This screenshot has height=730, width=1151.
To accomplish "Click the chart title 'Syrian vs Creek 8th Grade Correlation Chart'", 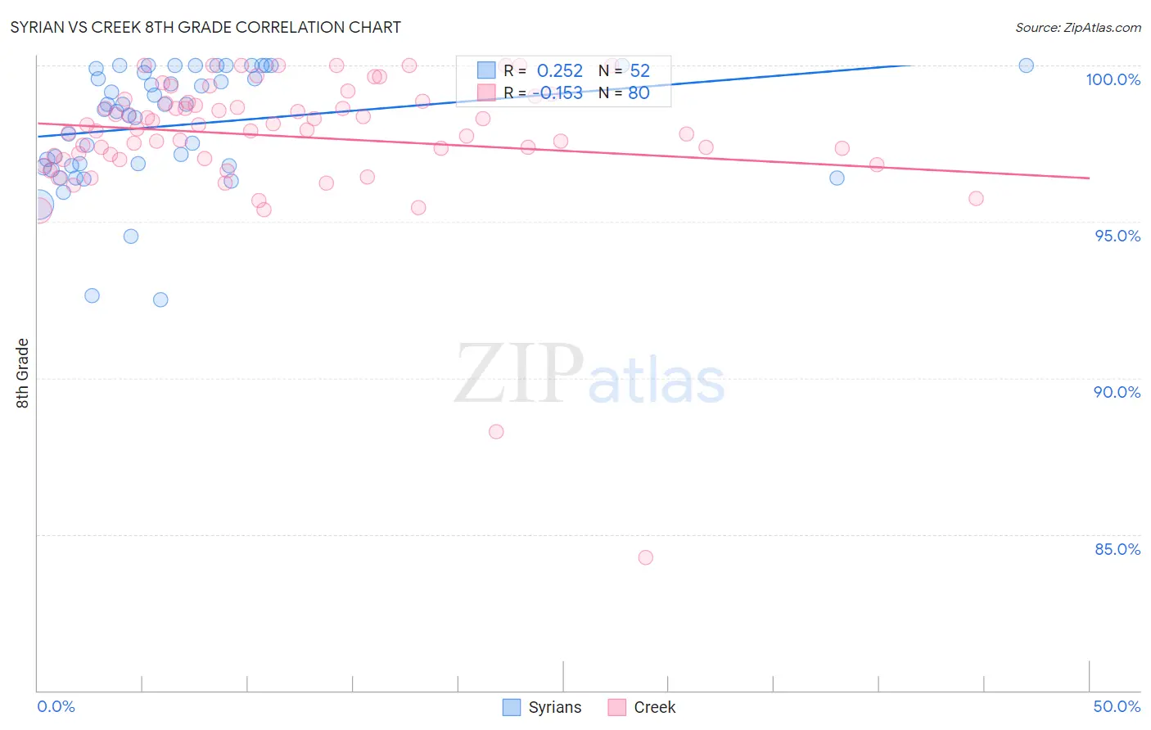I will pos(205,27).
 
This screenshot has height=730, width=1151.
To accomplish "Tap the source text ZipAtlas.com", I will pos(1077,27).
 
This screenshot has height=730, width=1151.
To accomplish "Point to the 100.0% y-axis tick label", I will pos(1113,79).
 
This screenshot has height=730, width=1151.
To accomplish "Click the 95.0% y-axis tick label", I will pos(1117,236).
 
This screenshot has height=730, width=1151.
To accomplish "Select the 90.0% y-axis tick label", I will pos(1117,392).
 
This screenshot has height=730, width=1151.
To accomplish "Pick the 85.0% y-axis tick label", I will pos(1117,549).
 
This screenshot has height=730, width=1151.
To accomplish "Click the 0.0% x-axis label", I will pos(56,706).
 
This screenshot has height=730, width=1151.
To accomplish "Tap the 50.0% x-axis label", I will pos(1117,706).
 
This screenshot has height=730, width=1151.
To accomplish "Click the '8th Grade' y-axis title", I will pos(23,373).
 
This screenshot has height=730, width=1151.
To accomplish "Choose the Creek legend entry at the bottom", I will pos(642,707).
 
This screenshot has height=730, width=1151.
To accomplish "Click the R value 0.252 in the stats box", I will pos(560,71).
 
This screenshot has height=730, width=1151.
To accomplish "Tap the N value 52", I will pos(639,71).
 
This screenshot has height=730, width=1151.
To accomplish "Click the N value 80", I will pos(639,93).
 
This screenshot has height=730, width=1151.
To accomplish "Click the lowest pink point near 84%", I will pos(645,557).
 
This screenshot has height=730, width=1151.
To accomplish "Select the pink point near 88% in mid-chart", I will pos(496,431).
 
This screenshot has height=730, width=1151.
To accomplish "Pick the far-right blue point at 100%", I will pos(1026,65).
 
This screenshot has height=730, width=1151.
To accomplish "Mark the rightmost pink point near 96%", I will pos(976,198).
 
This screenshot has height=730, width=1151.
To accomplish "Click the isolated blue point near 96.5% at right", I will pos(837,178).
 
